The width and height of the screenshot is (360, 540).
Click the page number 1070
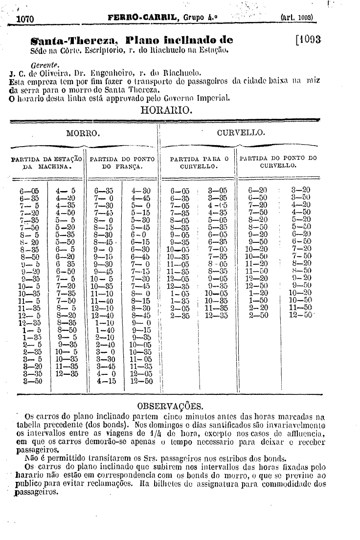click(x=24, y=19)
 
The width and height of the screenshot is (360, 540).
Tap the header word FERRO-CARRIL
click(x=138, y=18)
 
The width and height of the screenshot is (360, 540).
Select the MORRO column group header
click(x=83, y=133)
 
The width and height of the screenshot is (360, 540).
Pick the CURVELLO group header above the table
click(x=241, y=133)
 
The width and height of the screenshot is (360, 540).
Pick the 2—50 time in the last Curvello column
click(x=258, y=316)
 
